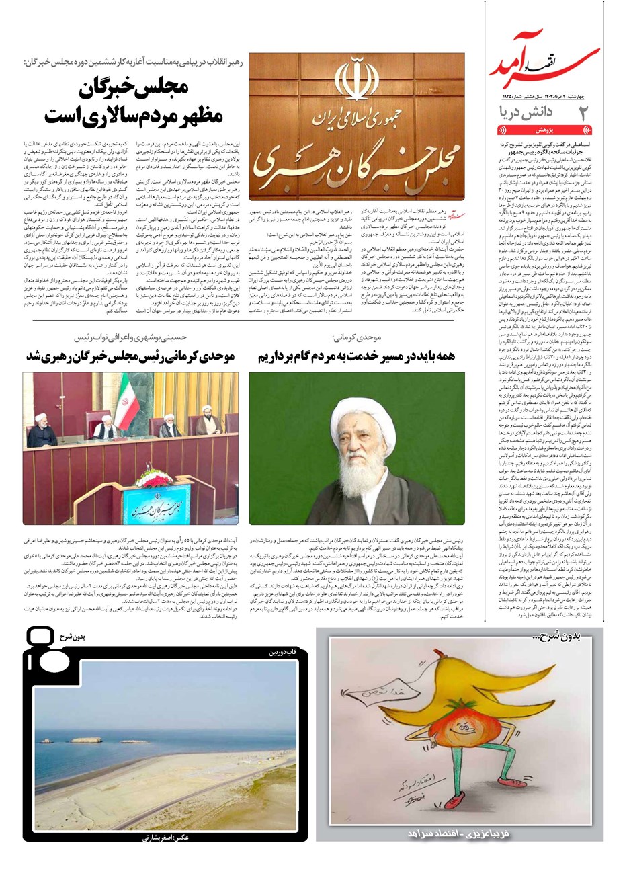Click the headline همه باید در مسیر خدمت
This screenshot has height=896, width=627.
[356, 357]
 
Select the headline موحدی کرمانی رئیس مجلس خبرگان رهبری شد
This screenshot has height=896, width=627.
[130, 357]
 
